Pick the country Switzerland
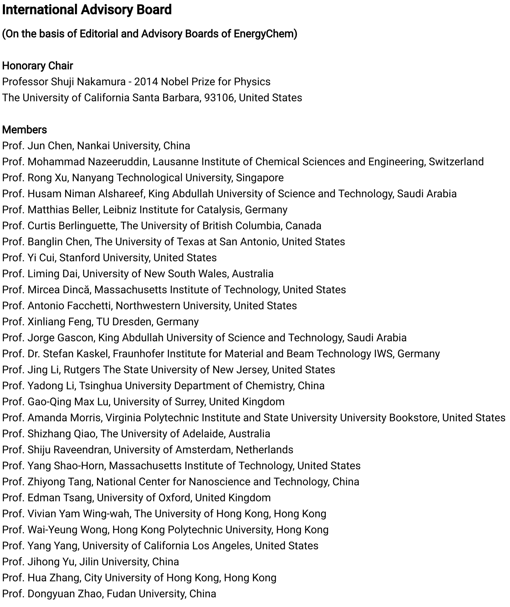point(456,162)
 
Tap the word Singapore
point(260,178)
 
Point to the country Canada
point(303,226)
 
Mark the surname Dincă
point(76,290)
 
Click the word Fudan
point(120,594)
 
